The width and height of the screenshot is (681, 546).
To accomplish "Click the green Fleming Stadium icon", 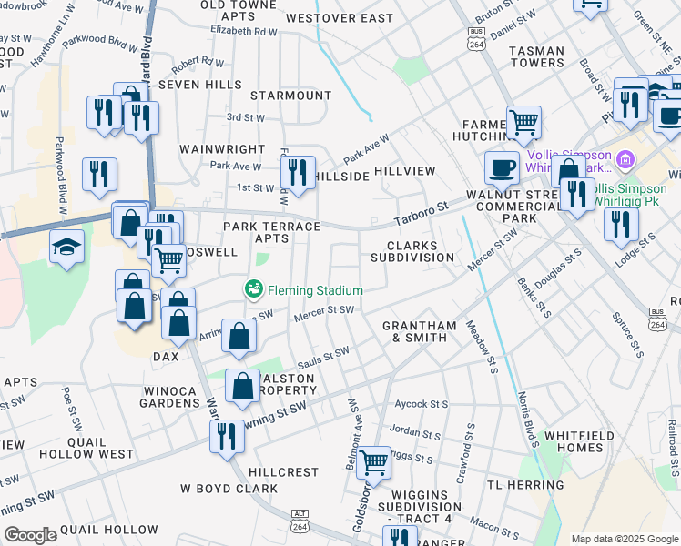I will [253, 289].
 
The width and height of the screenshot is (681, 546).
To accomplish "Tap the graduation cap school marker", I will [66, 248].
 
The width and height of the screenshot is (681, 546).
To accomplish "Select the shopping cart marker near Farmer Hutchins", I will [523, 121].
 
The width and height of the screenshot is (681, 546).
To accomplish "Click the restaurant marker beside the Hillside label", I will [297, 169].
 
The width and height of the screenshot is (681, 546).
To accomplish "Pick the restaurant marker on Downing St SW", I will [227, 435].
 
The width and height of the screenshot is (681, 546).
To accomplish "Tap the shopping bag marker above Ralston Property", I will [244, 385].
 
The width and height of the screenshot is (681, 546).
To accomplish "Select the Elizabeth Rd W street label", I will [243, 31].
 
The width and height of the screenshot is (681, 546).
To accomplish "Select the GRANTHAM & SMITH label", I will [414, 331].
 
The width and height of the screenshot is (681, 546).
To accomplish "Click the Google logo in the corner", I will [30, 535].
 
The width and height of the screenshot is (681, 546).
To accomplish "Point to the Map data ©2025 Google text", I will [625, 539].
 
